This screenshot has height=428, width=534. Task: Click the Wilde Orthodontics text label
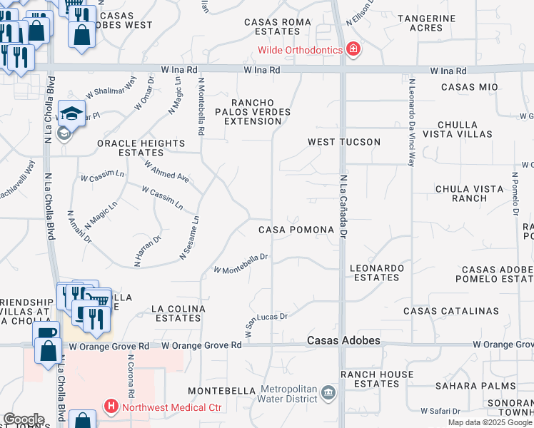coord(302,49)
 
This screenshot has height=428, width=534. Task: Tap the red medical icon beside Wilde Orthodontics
coord(353,49)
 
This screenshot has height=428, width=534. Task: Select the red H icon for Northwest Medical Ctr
coord(111,408)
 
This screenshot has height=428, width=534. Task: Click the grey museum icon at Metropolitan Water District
coord(328,392)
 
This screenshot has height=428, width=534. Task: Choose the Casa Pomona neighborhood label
coord(296,230)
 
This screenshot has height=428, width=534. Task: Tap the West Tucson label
coord(344,142)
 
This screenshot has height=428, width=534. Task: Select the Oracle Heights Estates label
coord(141,148)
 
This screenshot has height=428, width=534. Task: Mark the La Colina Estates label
coord(178,314)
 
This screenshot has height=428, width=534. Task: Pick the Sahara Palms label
coord(487,386)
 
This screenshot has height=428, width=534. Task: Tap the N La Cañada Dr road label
coord(343,206)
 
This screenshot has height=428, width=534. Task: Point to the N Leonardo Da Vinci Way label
coord(411,121)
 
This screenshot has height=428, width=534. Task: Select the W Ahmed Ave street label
coord(166,171)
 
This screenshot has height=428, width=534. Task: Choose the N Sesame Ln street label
coord(189,238)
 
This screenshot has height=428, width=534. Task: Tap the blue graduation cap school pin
coord(72,113)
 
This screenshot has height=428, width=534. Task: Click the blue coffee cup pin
coord(47,332)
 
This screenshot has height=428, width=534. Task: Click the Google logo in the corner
coord(24,419)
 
